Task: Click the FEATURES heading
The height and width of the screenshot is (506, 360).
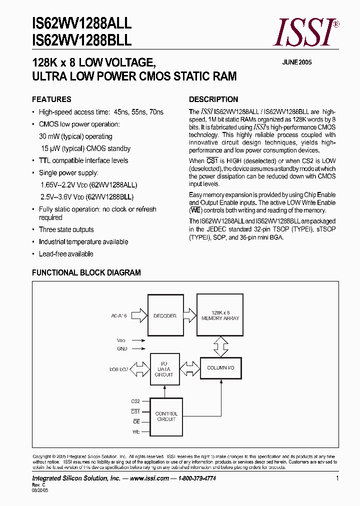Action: coord(51,99)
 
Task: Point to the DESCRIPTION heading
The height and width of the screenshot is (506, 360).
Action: coord(213,99)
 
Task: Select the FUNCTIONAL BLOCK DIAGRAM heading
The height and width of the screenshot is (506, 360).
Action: coord(86,272)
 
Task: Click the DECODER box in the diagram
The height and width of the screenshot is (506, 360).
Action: coord(165,316)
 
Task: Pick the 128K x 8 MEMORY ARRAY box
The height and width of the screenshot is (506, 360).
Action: coord(220,315)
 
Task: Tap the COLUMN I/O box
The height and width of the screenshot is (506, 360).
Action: coord(220,368)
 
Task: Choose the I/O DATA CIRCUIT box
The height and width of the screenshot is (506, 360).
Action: coord(164,368)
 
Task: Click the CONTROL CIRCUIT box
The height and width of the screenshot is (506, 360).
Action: coord(166,416)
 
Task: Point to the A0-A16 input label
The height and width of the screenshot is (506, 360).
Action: coord(119,316)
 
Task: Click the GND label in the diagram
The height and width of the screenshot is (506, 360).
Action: coord(122,348)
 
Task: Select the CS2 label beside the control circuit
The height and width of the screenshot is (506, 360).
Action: coord(135,401)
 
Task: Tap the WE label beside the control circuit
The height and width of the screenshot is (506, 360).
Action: coord(136,431)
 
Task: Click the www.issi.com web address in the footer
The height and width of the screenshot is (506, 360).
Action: coord(149,478)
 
